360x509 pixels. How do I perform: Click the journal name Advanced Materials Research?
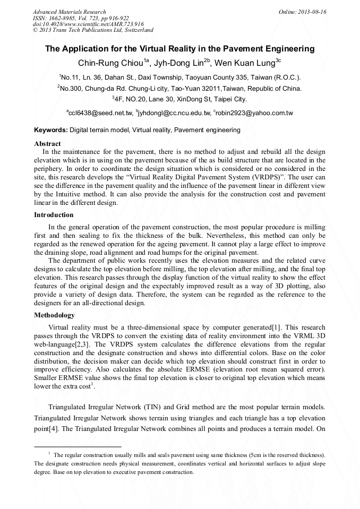(x=70, y=12)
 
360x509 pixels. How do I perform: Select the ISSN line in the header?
(x=80, y=18)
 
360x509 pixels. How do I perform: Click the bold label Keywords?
(x=51, y=130)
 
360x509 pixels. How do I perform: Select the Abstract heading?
(x=47, y=143)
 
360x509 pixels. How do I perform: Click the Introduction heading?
(x=54, y=215)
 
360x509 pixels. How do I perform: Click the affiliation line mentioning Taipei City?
(x=179, y=99)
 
